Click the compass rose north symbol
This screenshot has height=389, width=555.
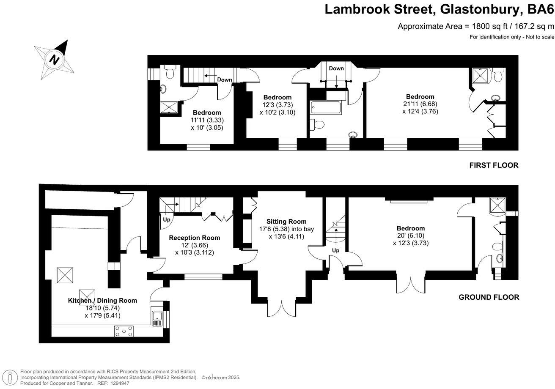coord(55,59)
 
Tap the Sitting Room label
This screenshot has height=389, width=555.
coord(286,222)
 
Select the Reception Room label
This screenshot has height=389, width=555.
coord(194,238)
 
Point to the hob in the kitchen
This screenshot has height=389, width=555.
coord(124,331)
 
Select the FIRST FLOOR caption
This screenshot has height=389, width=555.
coord(494,165)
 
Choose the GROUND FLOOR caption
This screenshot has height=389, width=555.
coord(489,297)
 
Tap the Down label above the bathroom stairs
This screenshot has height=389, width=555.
coord(336,68)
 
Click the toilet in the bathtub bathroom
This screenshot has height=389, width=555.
coord(318,124)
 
